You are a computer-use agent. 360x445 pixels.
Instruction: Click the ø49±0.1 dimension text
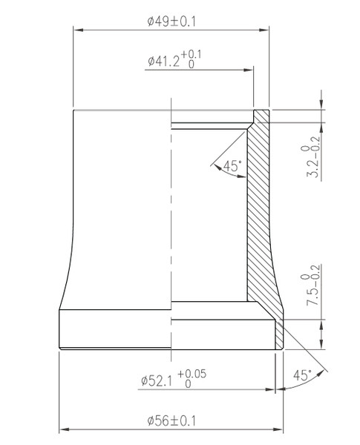(x=171, y=22)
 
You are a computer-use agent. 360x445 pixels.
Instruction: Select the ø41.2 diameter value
(x=163, y=61)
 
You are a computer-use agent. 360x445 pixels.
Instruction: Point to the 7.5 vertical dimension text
(x=313, y=297)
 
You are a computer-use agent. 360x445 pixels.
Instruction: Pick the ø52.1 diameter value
(x=157, y=381)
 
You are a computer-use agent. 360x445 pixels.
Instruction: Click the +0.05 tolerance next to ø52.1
(x=192, y=374)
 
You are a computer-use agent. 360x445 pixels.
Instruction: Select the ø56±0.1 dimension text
(x=171, y=421)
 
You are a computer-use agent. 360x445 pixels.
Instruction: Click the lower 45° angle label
(x=302, y=375)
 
